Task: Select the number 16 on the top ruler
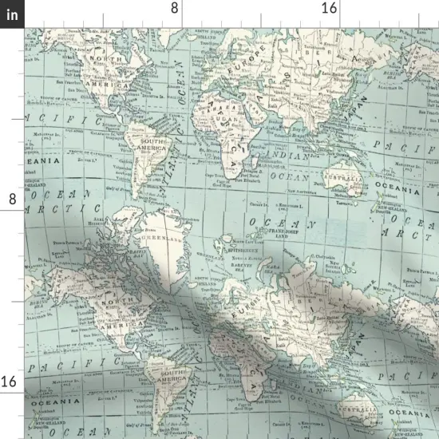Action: pyautogui.click(x=329, y=7)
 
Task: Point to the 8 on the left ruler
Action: pyautogui.click(x=12, y=198)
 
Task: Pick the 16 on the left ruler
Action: pyautogui.click(x=10, y=382)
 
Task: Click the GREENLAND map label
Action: pyautogui.click(x=162, y=238)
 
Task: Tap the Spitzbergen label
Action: pyautogui.click(x=243, y=250)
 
